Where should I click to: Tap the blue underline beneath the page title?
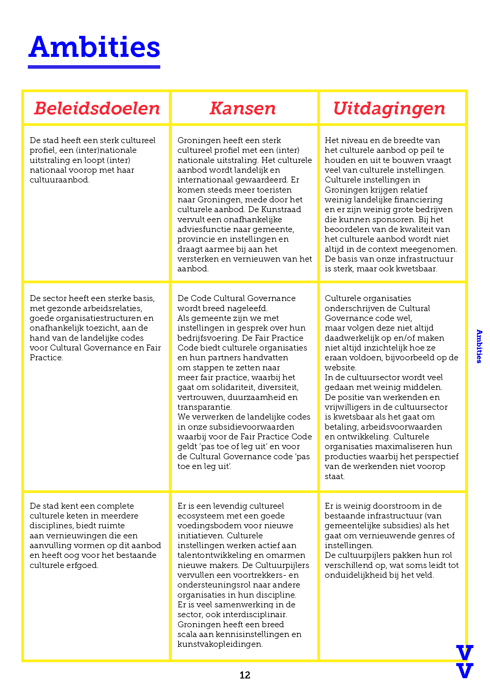point(94,67)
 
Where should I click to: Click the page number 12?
point(245,675)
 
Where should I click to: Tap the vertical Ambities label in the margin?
point(479,346)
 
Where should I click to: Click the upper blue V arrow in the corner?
point(464,653)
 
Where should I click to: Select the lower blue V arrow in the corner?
point(464,671)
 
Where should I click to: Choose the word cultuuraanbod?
point(59,180)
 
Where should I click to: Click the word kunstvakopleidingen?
point(220,644)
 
